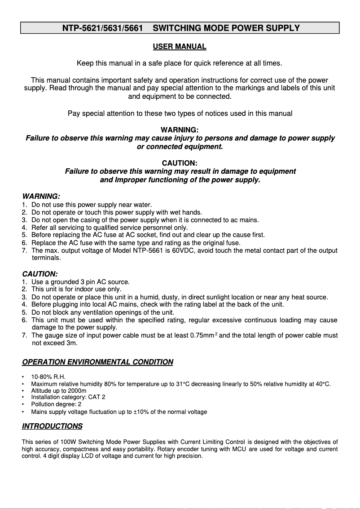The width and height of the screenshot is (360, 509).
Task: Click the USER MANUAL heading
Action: [180, 47]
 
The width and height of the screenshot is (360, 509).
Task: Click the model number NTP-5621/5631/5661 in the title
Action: [102, 28]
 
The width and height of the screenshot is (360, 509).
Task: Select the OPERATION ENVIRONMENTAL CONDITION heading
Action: [97, 362]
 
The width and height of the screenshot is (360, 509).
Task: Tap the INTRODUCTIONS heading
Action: [52, 426]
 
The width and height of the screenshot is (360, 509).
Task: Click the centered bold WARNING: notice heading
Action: [180, 130]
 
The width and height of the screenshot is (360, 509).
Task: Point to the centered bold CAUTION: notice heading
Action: [180, 163]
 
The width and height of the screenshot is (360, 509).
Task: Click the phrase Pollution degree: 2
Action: [56, 404]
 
